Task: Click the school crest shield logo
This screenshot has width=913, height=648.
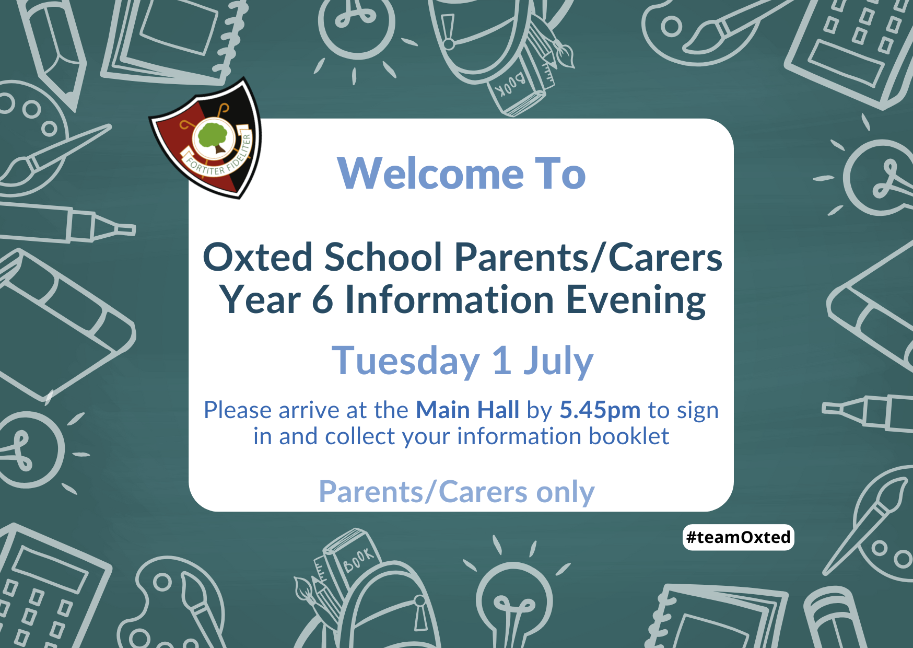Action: tap(206, 138)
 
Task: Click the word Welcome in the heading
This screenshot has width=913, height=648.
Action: tap(431, 173)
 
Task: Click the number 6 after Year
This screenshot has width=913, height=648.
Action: tap(323, 300)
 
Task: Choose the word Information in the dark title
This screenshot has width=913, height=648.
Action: tap(450, 300)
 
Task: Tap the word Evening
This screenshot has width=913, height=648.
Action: tap(636, 301)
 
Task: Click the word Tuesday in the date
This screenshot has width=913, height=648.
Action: tap(406, 361)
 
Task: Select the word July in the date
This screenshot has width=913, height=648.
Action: tap(558, 361)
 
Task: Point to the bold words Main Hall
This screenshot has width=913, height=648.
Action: tap(467, 410)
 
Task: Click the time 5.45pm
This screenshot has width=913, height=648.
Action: tap(600, 411)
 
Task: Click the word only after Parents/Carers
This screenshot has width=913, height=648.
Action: tap(566, 492)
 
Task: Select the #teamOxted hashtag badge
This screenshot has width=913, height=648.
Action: tap(738, 537)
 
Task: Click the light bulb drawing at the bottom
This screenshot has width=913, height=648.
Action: tap(514, 601)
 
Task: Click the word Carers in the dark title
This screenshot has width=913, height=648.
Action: tap(665, 257)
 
